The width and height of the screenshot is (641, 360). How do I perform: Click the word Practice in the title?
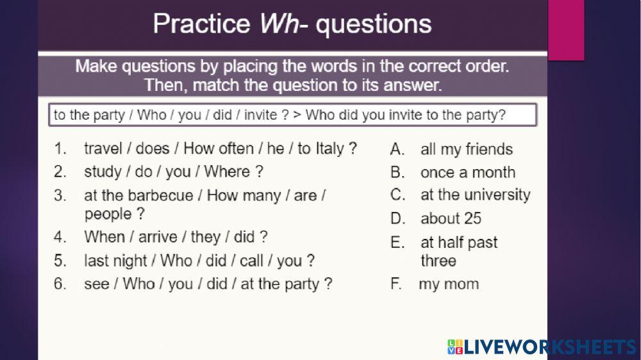click(201, 24)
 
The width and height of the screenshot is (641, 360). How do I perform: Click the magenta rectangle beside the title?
click(566, 30)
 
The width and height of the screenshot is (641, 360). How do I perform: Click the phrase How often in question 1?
click(219, 148)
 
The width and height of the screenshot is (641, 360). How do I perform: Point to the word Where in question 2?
click(227, 172)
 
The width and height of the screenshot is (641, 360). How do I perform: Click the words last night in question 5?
click(115, 261)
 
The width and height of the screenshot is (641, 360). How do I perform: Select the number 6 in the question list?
click(60, 284)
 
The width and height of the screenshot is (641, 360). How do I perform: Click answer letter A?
click(397, 149)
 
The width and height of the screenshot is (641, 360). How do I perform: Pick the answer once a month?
click(468, 172)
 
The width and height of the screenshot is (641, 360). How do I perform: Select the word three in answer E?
click(438, 261)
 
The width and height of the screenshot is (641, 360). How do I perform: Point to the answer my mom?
click(449, 284)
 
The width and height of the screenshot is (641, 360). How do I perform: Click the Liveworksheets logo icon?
click(455, 347)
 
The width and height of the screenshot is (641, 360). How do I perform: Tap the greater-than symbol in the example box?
click(297, 115)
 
